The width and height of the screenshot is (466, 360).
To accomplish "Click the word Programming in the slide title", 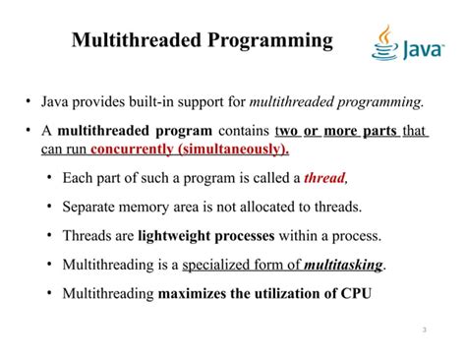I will pyautogui.click(x=266, y=41).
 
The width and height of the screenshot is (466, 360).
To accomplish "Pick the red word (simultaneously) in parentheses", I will pyautogui.click(x=232, y=150).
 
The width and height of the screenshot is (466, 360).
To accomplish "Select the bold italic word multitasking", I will pyautogui.click(x=343, y=265).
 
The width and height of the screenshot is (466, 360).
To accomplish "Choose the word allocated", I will pyautogui.click(x=278, y=208).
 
